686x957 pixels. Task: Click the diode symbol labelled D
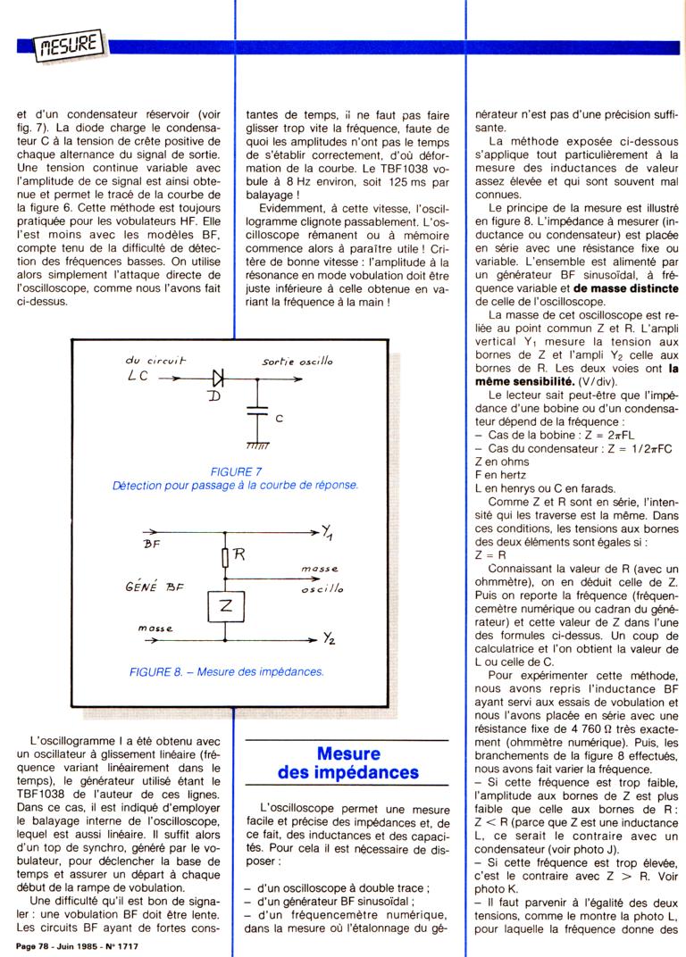click(x=192, y=379)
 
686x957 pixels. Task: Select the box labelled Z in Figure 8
click(x=225, y=607)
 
